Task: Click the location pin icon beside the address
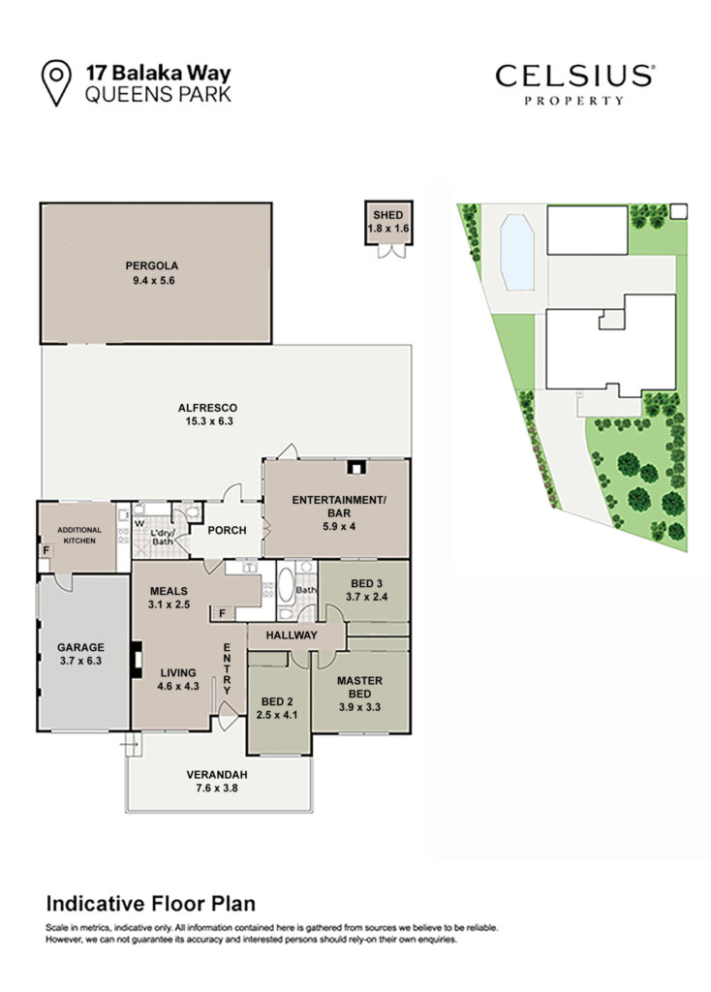pos(55,82)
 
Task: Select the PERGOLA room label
pos(152,265)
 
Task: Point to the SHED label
pos(387,215)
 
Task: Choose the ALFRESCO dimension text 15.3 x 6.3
pos(208,421)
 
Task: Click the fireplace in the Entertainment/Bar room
pos(356,468)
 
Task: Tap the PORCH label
pos(227,530)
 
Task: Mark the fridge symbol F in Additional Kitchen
pos(46,550)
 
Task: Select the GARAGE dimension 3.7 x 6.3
pos(80,661)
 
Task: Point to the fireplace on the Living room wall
pos(136,660)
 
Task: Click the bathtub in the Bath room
pos(286,584)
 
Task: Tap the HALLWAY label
pos(291,635)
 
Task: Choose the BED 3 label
pos(366,584)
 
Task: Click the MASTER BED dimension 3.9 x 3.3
pos(359,707)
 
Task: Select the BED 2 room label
pos(277,701)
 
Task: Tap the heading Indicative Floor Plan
pos(150,904)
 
